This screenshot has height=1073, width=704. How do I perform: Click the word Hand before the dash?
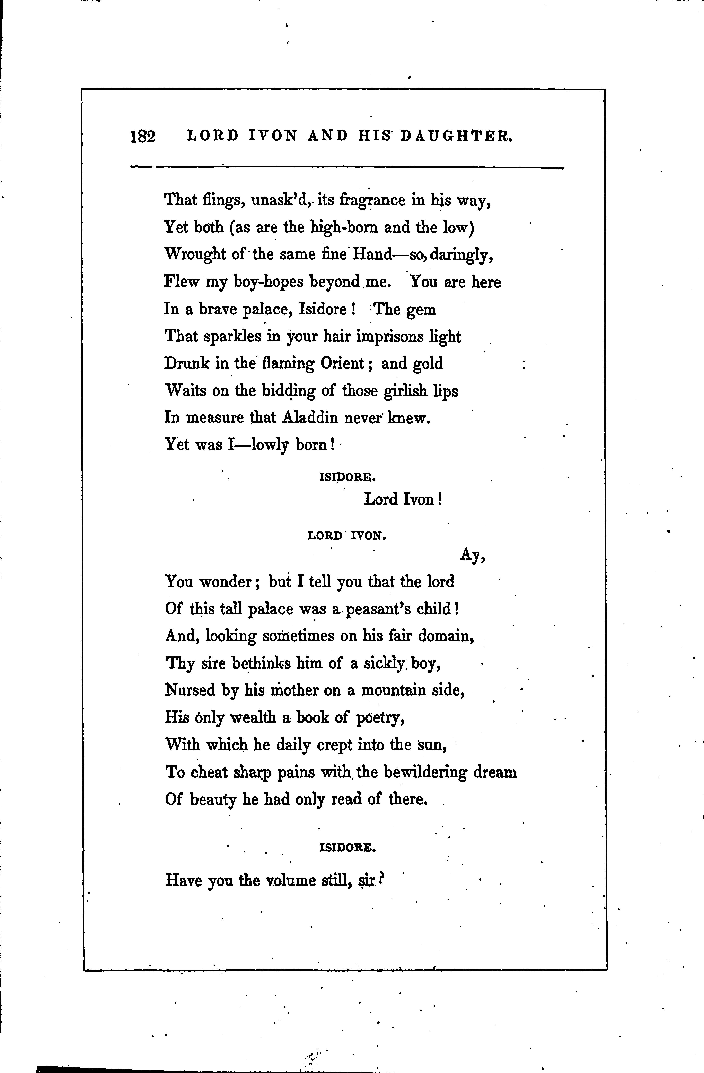click(x=372, y=254)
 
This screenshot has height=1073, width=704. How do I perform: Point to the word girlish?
click(x=405, y=391)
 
